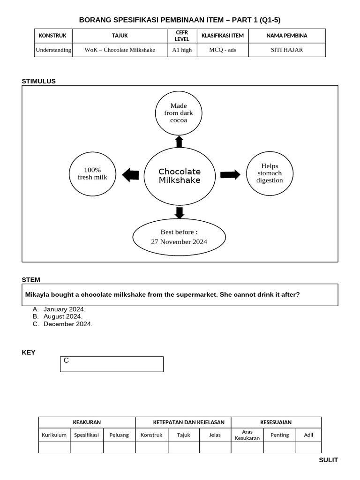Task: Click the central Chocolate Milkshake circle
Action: [179, 176]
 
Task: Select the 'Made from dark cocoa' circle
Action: [178, 113]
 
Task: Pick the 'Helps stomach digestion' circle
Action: [270, 173]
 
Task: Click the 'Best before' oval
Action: [179, 237]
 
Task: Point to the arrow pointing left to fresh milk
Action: [130, 175]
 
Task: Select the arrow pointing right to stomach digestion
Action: [230, 175]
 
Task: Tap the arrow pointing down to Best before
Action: [179, 212]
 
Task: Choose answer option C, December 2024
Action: [67, 324]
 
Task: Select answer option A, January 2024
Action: [64, 309]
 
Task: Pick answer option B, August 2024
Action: [62, 316]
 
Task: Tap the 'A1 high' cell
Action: [181, 50]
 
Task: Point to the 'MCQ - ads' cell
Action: [222, 50]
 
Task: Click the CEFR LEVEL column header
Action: [181, 36]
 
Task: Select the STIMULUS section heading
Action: [38, 81]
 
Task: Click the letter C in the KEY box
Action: [66, 360]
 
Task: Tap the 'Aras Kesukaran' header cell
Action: [247, 435]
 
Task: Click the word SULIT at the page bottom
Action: [328, 460]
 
